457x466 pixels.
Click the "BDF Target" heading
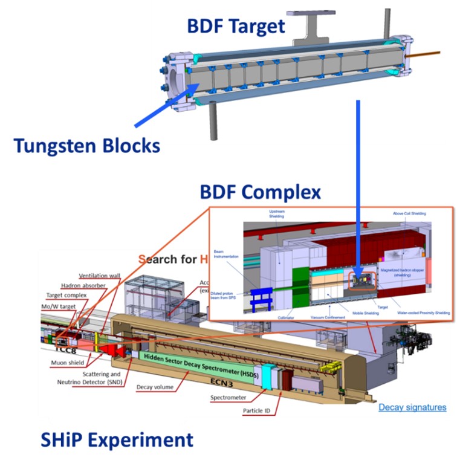235,26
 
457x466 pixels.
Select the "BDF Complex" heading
261,192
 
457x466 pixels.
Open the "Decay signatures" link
412,407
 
